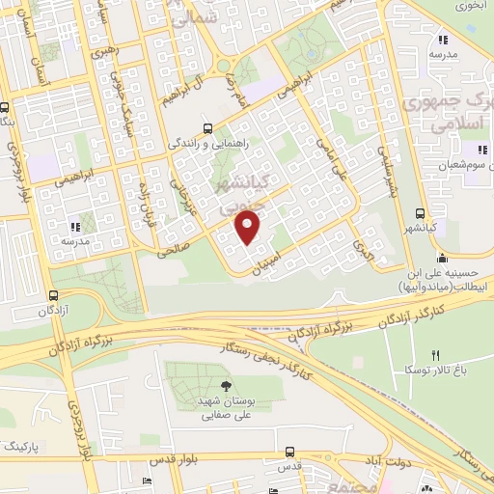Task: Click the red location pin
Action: [x=248, y=227]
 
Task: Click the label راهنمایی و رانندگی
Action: [x=214, y=144]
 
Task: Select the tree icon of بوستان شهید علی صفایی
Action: [x=225, y=386]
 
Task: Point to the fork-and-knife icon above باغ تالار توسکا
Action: [x=435, y=355]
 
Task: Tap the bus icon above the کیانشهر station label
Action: [x=420, y=213]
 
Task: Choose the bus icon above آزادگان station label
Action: [x=53, y=296]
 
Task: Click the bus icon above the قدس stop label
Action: [x=289, y=450]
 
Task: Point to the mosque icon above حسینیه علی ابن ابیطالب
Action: [x=442, y=258]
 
